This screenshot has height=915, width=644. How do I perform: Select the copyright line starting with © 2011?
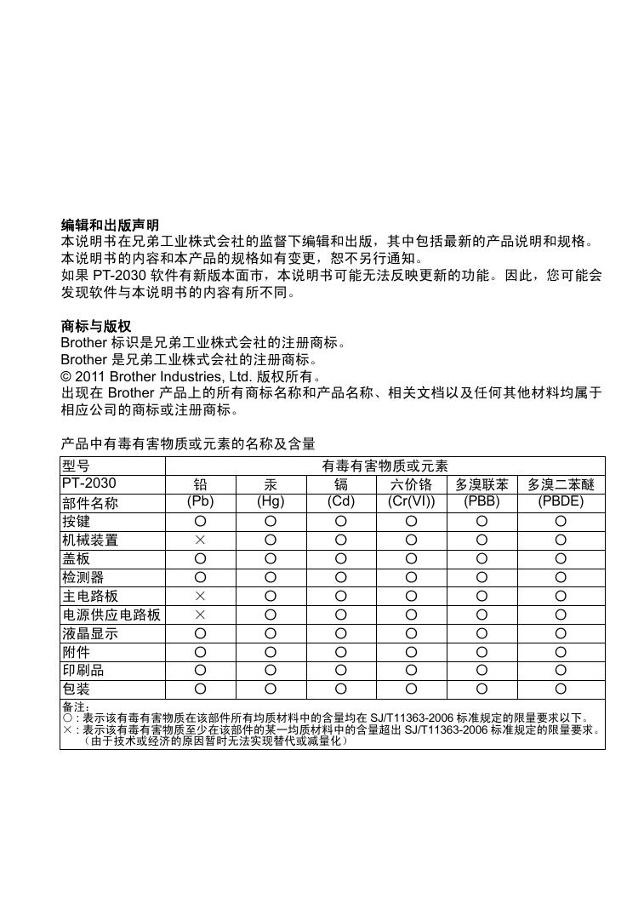[x=191, y=376]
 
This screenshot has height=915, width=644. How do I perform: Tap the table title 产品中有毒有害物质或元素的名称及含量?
[x=188, y=443]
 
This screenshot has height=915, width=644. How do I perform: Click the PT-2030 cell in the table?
[x=88, y=483]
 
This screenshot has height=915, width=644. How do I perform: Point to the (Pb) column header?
[x=200, y=501]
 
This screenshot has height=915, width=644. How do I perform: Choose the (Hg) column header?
[x=271, y=501]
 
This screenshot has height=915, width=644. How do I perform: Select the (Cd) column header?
[x=340, y=501]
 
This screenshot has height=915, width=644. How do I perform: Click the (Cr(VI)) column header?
[x=411, y=501]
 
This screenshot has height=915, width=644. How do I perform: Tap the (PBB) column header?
[x=482, y=501]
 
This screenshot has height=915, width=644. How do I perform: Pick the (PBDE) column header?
[x=561, y=501]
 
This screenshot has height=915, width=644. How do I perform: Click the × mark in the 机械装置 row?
[x=200, y=540]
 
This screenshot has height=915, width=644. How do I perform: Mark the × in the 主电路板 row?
[x=200, y=596]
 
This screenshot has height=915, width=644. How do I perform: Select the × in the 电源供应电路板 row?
[x=200, y=615]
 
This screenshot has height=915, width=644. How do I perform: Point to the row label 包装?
[x=76, y=689]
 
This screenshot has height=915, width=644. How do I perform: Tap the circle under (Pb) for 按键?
[x=200, y=520]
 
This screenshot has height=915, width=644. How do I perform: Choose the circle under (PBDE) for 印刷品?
[x=561, y=670]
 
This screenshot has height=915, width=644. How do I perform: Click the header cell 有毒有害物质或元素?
[x=385, y=466]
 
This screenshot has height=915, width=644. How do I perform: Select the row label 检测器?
[x=83, y=577]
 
